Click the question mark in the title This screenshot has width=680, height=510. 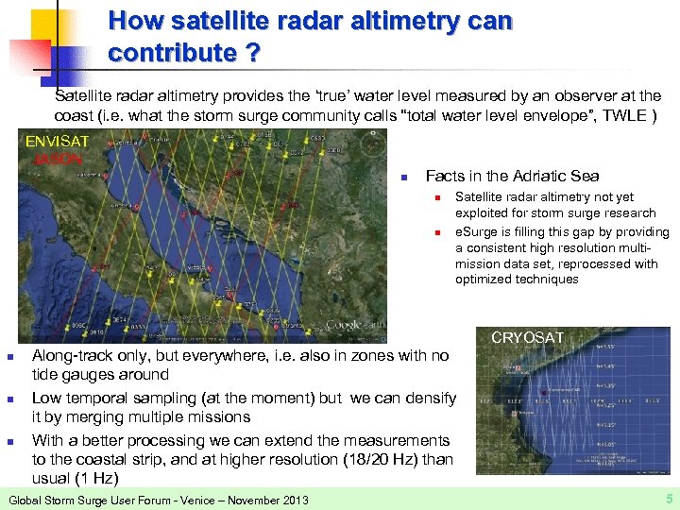[251, 53]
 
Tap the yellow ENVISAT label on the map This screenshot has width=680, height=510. [58, 142]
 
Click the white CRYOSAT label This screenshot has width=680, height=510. [527, 337]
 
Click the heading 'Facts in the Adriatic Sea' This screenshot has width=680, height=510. [512, 176]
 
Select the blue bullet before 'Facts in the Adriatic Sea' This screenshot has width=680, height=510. [403, 177]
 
